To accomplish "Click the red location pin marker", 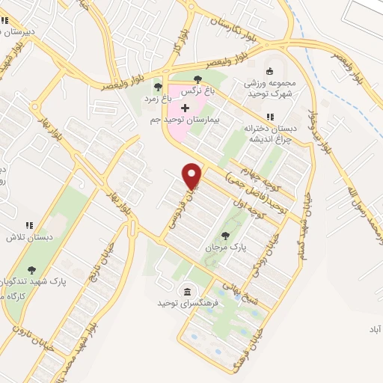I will pos(193,175).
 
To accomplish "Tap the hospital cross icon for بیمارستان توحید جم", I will pos(186,109).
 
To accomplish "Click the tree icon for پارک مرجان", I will pos(225,236).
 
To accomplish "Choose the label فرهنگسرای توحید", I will pos(181,303).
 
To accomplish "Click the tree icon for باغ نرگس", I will pos(197,78).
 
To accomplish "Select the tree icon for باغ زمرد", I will pos(157,87).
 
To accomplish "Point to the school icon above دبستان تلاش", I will pos(30,226).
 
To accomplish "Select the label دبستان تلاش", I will pos(22,237).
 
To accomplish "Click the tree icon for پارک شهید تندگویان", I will pos(31,271).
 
